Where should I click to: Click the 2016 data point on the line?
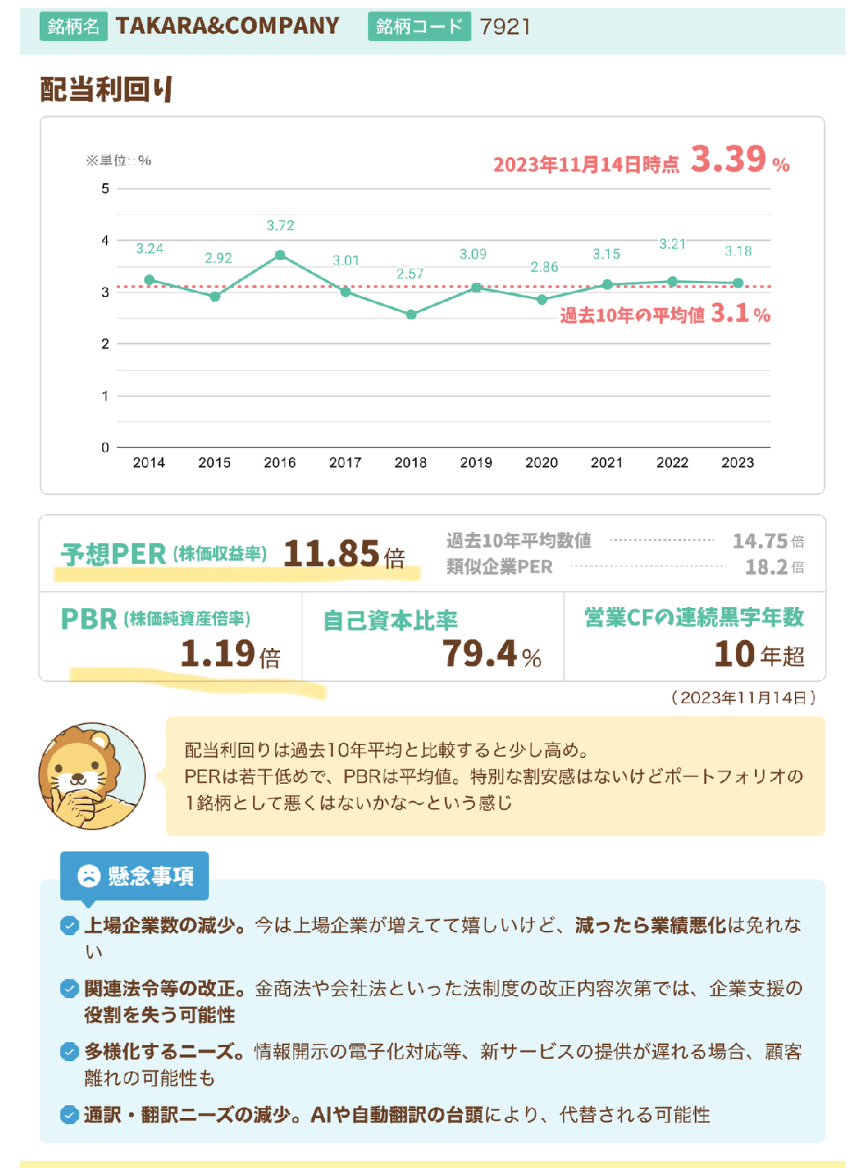point(280,255)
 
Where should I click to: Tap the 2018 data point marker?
point(411,314)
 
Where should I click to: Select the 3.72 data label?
point(280,225)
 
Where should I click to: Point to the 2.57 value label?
point(410,274)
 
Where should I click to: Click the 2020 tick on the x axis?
point(541,462)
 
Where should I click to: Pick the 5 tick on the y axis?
point(105,189)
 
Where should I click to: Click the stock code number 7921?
point(505,27)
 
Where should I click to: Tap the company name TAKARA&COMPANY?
point(228,26)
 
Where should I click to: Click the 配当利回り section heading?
point(107,89)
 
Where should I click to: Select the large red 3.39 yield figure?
point(728,159)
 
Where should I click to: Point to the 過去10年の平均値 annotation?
point(632,315)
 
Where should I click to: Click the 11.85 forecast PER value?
point(331,553)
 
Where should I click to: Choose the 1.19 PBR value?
point(218,653)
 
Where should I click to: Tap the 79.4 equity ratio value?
point(480,653)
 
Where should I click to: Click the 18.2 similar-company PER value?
point(766,567)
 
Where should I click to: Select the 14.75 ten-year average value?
point(760,541)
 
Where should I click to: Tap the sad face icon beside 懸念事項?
point(89,876)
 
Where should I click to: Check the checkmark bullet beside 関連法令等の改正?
point(69,989)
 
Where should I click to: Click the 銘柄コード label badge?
point(418,27)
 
